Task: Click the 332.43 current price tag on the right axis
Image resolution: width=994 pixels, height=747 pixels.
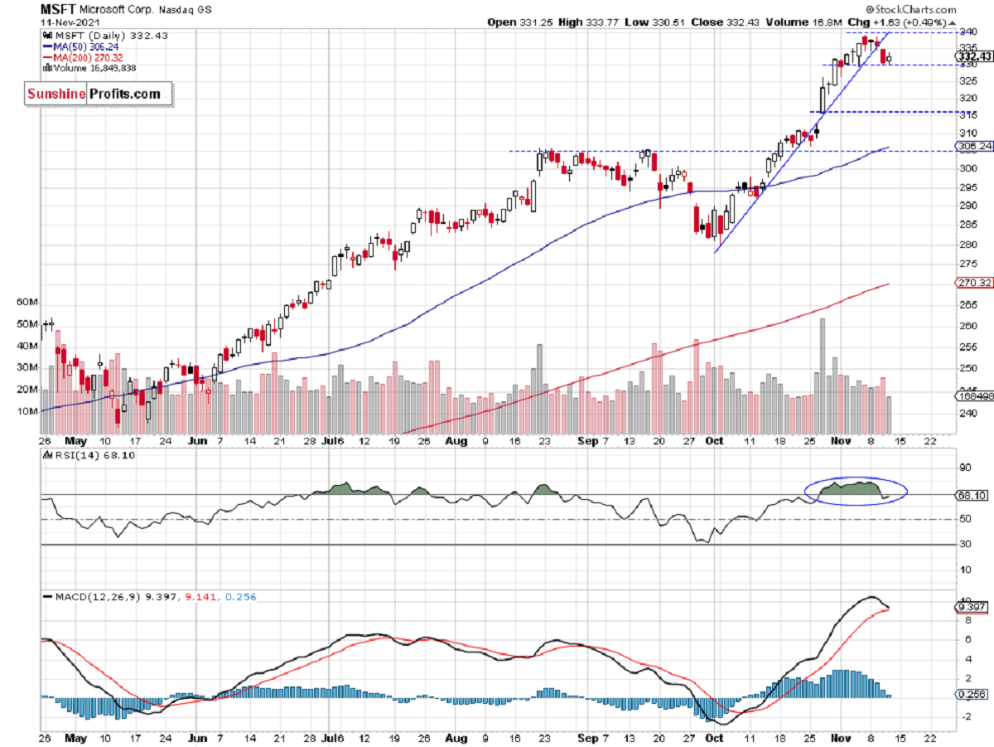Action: click(972, 56)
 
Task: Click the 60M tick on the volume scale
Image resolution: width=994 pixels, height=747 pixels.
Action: click(28, 303)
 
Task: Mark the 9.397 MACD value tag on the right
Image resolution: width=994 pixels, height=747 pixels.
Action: click(972, 607)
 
